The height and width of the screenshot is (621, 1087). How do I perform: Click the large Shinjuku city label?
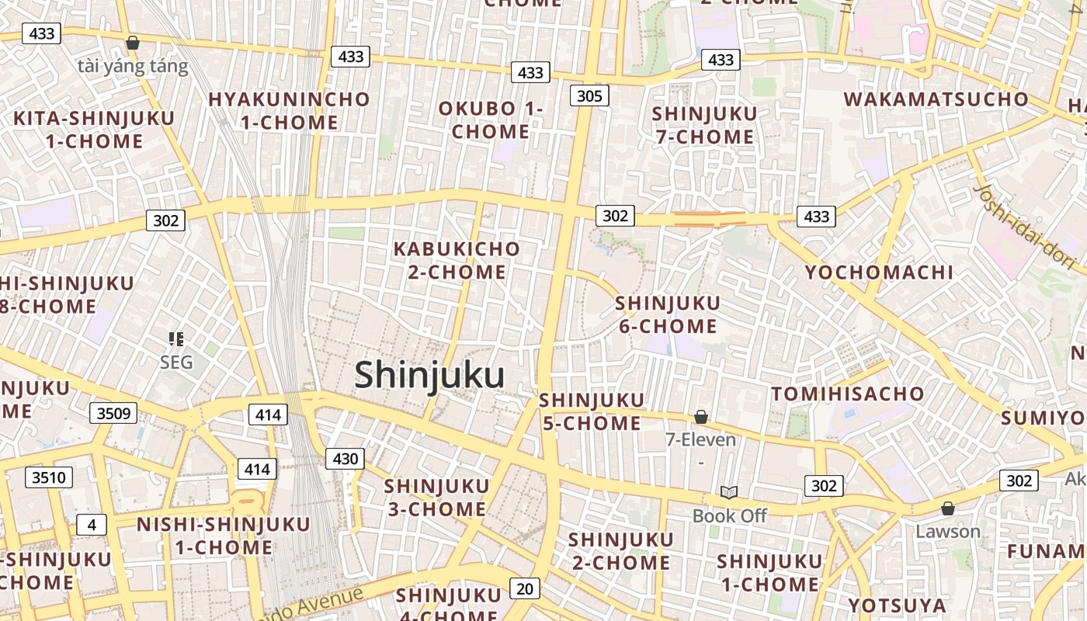tap(429, 376)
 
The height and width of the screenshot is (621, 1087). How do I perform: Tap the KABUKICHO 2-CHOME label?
tap(457, 261)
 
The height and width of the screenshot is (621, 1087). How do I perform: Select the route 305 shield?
tap(589, 95)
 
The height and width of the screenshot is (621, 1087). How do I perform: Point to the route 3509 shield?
tap(113, 413)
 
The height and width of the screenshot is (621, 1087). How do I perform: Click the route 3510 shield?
tap(48, 477)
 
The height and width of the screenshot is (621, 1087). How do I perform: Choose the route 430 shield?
tap(345, 459)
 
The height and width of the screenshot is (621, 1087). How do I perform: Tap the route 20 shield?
tap(525, 588)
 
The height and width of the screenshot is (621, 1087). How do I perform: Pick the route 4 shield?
tap(92, 525)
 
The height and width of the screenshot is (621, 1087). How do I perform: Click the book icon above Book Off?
tap(728, 492)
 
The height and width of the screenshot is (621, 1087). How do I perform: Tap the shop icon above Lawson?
tap(947, 508)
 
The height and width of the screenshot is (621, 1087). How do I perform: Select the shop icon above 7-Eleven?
tap(700, 418)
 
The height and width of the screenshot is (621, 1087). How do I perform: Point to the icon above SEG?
tap(175, 338)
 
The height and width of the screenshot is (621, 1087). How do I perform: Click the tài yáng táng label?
tap(133, 66)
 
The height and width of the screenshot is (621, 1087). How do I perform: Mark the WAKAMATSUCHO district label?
tap(936, 99)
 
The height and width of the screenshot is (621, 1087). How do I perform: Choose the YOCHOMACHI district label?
tap(879, 272)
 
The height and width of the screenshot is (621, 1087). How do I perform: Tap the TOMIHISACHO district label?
tap(848, 394)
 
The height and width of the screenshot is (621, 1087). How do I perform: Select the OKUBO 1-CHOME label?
tap(491, 120)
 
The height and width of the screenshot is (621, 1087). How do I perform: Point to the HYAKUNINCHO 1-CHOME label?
tap(289, 111)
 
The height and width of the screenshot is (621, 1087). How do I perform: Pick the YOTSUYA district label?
tap(897, 605)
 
